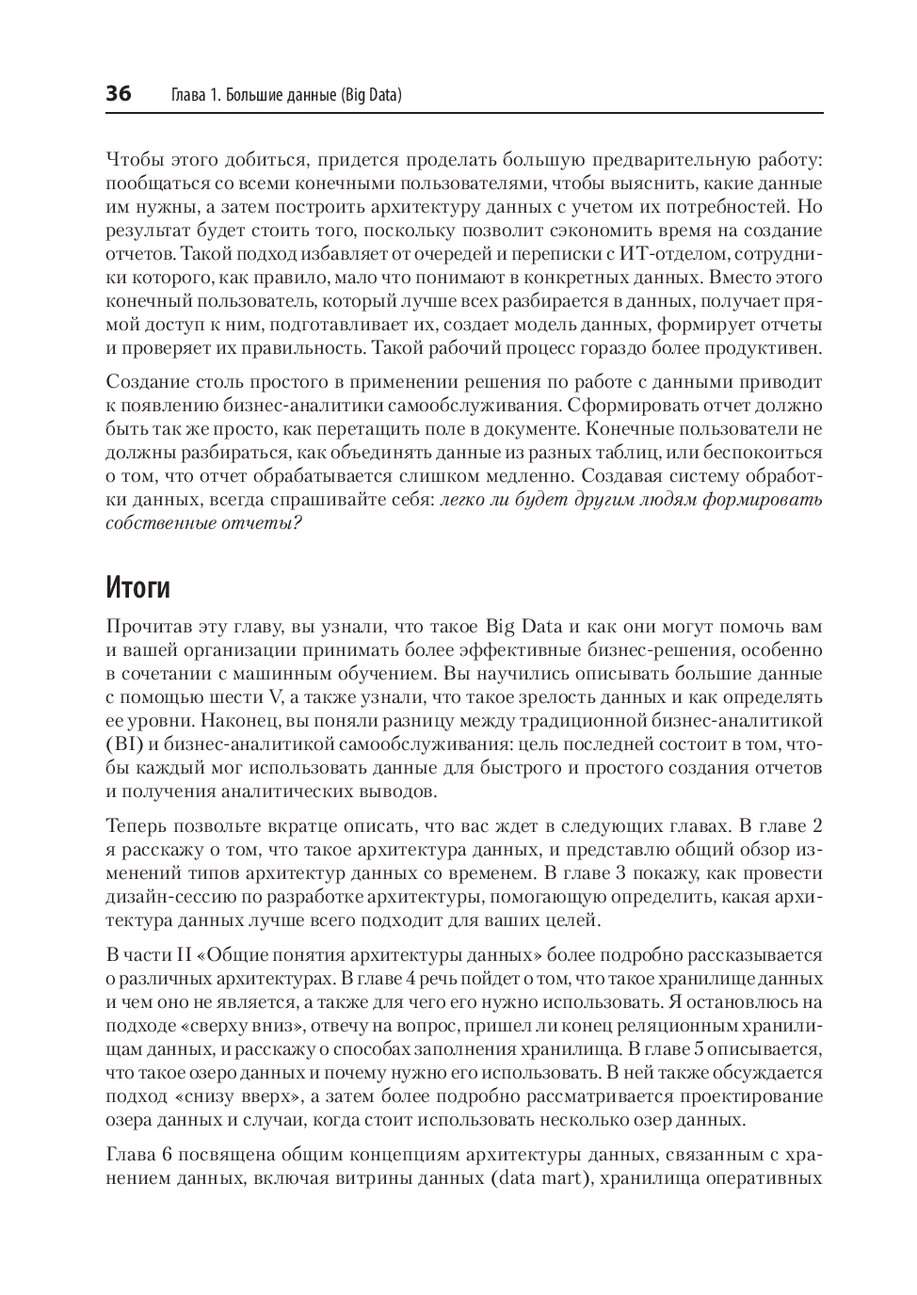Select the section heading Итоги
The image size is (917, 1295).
click(x=138, y=587)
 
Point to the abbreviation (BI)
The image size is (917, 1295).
click(x=124, y=744)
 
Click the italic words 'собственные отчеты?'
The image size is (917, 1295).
click(x=204, y=523)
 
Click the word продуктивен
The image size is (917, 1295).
click(x=764, y=348)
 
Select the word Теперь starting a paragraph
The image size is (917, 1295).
click(x=137, y=826)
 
